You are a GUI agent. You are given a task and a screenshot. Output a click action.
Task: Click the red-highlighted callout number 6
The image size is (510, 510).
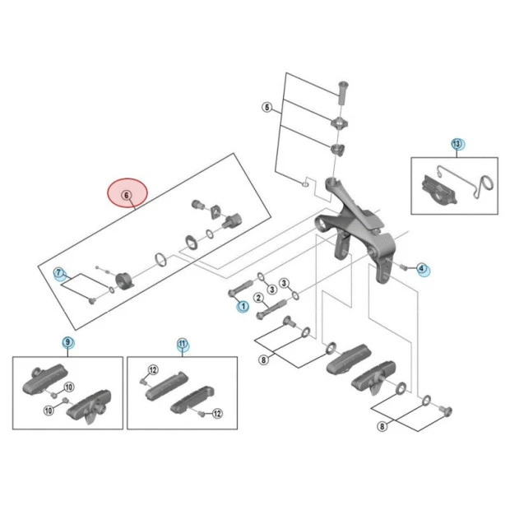tap(127, 195)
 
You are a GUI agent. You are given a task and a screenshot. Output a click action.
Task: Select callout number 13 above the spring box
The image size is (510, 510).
tap(457, 144)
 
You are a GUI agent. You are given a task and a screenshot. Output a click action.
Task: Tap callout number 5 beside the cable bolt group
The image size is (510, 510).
tap(267, 107)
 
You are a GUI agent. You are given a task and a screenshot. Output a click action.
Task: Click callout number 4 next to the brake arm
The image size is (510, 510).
tap(421, 268)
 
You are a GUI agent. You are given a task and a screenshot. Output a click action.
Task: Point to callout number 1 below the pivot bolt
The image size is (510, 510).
tap(243, 306)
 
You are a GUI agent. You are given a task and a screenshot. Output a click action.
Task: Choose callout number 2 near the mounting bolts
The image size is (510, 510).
tap(258, 298)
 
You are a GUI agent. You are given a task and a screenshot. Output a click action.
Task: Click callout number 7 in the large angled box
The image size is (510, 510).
tap(58, 272)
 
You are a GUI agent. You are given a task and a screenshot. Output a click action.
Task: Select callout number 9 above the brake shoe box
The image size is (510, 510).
tap(67, 342)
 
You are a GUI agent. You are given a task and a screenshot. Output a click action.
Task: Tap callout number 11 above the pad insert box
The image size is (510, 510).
tap(182, 344)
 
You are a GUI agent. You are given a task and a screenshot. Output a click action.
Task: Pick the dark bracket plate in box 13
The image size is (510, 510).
tap(439, 190)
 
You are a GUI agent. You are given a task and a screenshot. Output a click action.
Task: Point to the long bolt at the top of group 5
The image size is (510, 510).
tap(343, 92)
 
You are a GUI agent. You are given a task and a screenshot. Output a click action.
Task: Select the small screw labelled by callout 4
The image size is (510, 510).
tap(404, 267)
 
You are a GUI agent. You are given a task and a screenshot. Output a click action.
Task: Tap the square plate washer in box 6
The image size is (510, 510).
tap(216, 212)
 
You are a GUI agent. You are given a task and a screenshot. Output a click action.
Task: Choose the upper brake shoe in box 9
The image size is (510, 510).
tap(44, 378)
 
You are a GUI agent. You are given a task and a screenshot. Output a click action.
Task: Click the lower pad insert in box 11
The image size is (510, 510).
tap(192, 400)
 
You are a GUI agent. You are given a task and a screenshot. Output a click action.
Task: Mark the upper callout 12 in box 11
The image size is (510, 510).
tap(153, 370)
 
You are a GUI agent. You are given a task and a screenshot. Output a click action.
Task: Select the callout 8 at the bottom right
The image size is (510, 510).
tap(382, 426)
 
